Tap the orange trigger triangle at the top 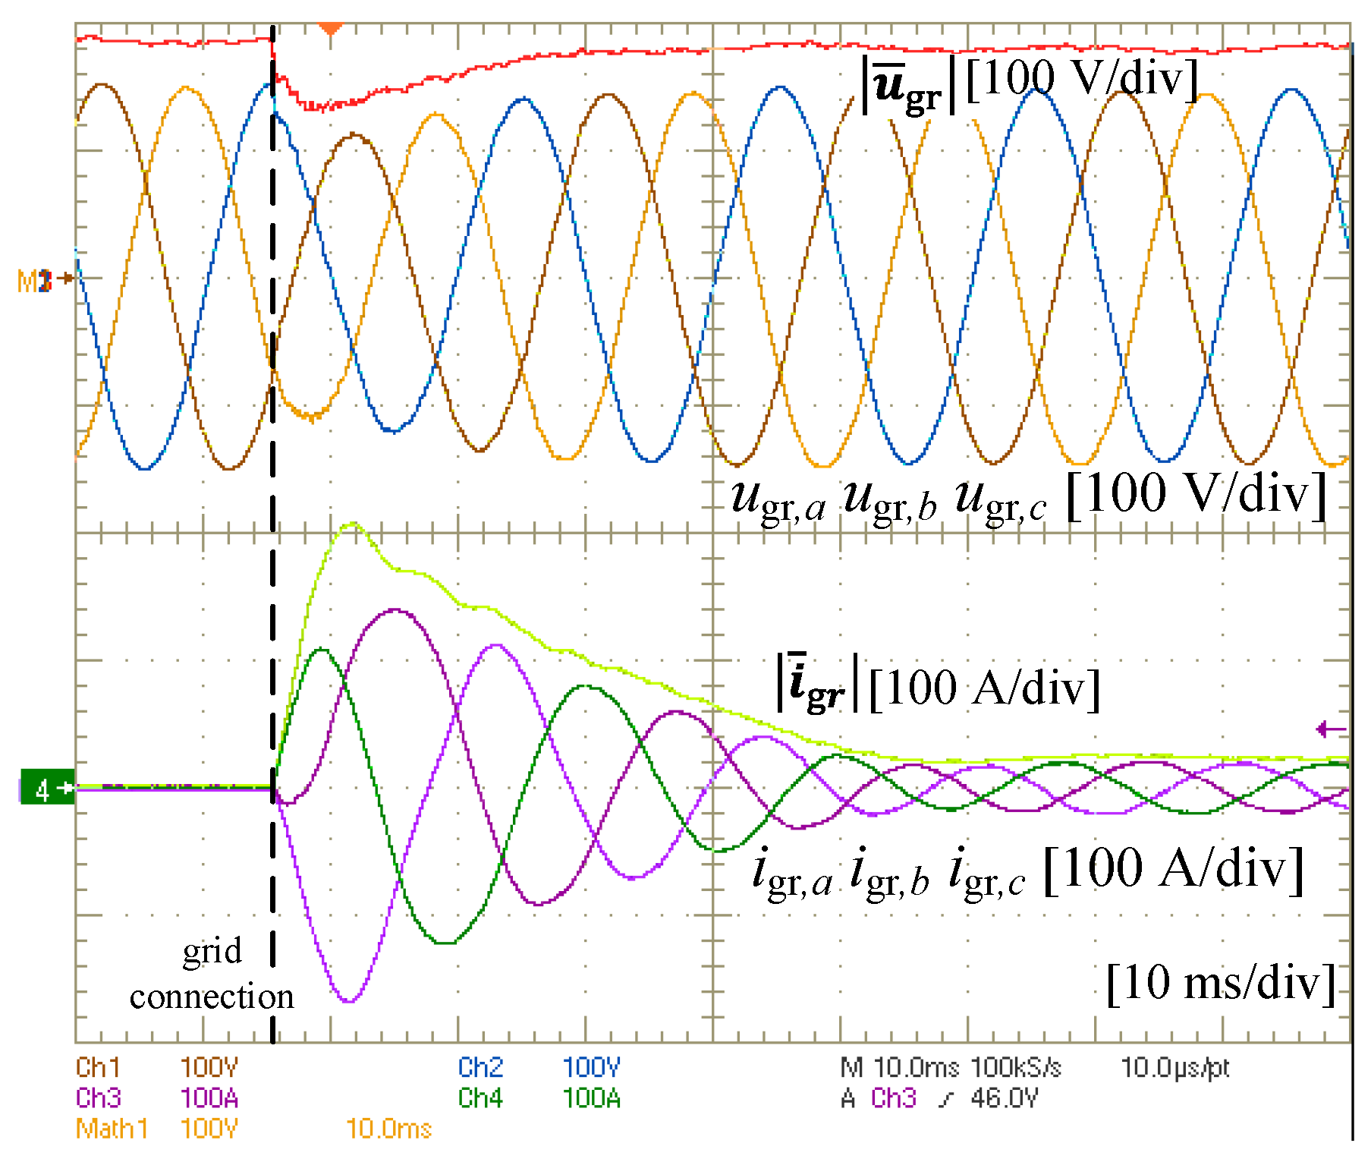pos(330,29)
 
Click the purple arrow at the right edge pos(1331,729)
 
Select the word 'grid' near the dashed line pos(212,952)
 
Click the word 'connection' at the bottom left pos(212,997)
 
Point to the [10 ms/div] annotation pos(1221,983)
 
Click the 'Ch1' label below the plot pos(98,1068)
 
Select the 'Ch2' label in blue pos(480,1068)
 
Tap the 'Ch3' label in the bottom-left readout pos(98,1098)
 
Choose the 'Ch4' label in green pos(480,1098)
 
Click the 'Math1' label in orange pos(112,1129)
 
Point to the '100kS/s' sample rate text pos(1015,1068)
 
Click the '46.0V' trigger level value pos(1004,1098)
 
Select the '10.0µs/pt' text pos(1174,1068)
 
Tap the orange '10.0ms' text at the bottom pos(388,1129)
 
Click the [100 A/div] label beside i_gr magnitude pos(984,688)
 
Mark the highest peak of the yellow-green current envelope pos(351,524)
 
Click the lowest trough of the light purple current pos(349,1001)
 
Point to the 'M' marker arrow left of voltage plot pos(46,279)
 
